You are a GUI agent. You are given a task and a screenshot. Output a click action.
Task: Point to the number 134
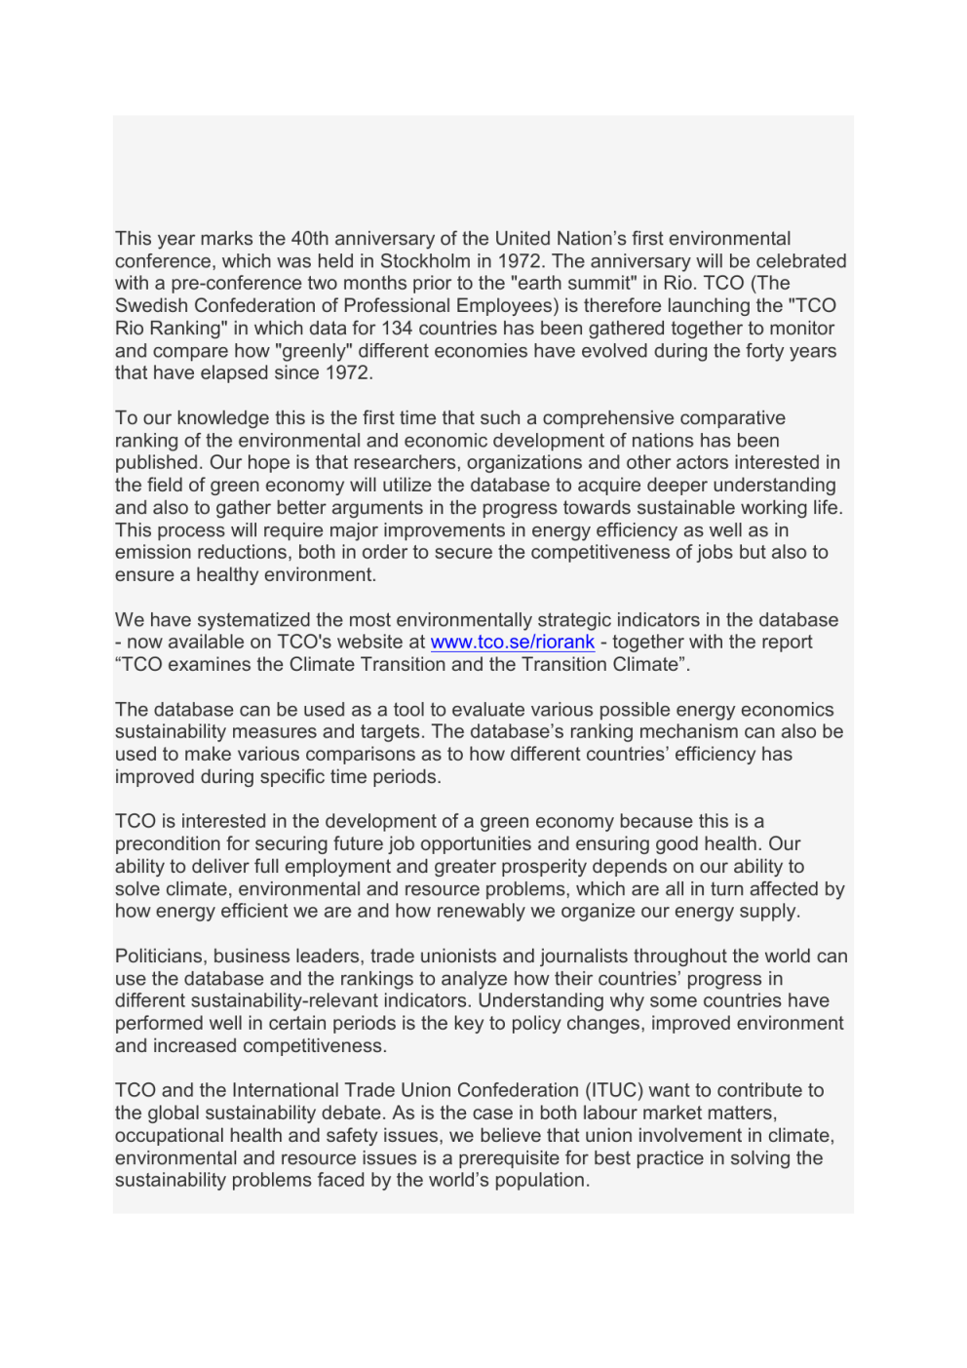point(397,329)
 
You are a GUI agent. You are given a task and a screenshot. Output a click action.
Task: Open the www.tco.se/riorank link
point(512,643)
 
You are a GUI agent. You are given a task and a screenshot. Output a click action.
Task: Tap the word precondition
point(169,844)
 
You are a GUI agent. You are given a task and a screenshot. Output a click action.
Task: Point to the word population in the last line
point(542,1181)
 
